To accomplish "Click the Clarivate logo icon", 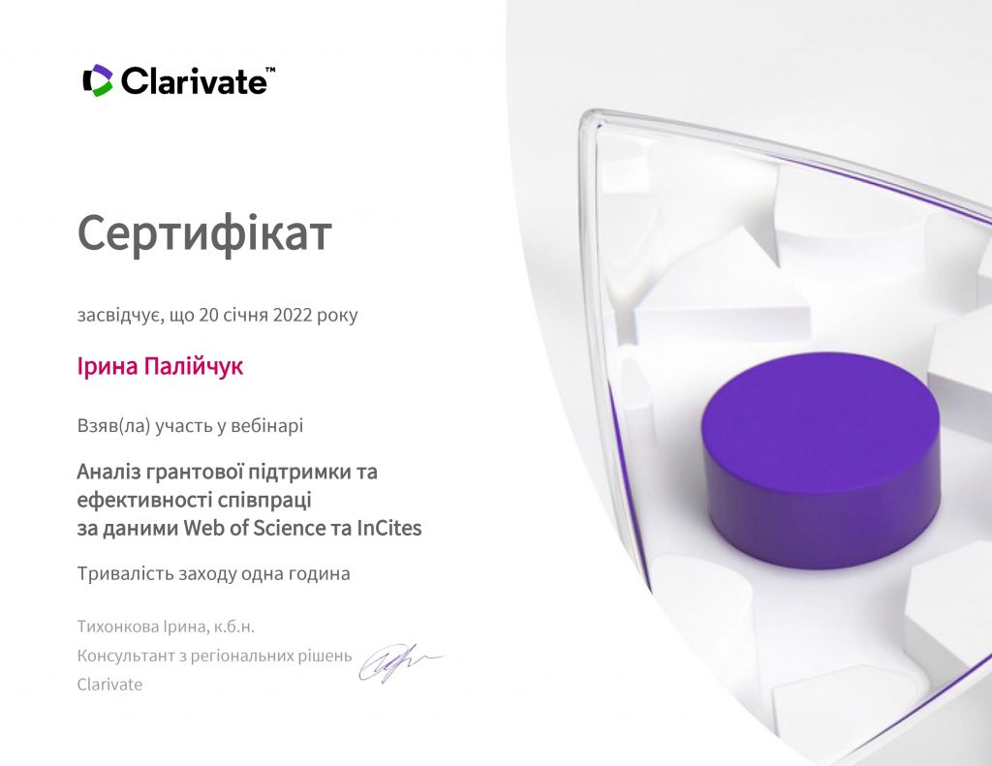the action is click(98, 80).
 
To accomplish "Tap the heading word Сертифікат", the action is click(204, 232).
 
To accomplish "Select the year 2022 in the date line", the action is click(293, 315).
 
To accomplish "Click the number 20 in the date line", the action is click(208, 315).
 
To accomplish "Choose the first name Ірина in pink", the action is click(107, 366).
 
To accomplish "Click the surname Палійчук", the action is click(194, 366).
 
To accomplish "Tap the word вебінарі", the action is click(267, 425).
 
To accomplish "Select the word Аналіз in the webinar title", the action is click(108, 472).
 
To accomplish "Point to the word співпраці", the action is click(264, 501).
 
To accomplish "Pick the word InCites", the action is click(389, 528).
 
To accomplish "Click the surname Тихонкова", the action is click(117, 627).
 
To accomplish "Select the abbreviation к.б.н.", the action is click(234, 627).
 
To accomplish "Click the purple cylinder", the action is click(821, 460).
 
